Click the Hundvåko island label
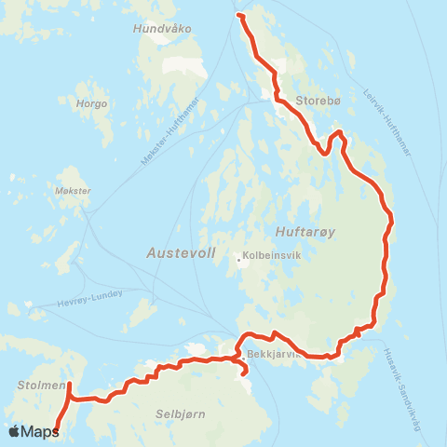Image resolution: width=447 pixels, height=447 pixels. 162,29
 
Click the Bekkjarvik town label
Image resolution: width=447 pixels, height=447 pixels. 273,355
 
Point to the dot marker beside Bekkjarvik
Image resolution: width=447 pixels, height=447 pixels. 242,355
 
